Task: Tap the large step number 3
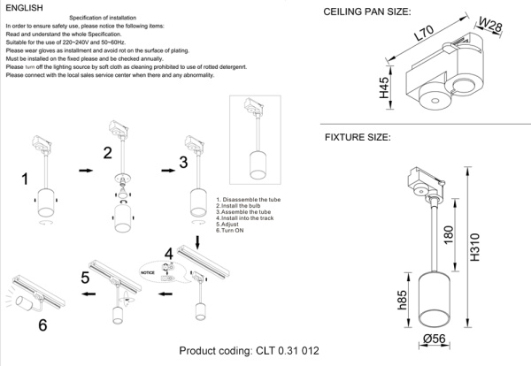(x=183, y=162)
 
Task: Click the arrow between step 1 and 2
(x=85, y=168)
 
